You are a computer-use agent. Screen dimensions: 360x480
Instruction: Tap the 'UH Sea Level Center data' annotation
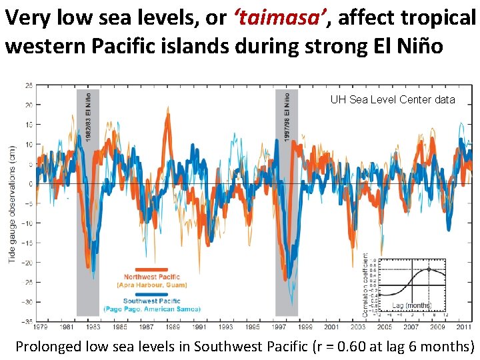(393, 99)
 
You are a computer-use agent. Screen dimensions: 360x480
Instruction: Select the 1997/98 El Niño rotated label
(287, 117)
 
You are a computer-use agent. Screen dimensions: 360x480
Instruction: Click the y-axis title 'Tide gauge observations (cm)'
(12, 203)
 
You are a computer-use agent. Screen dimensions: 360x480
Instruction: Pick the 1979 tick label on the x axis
(41, 327)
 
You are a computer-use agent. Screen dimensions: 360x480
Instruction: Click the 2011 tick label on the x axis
(463, 327)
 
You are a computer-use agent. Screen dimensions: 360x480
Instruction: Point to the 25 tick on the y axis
(29, 85)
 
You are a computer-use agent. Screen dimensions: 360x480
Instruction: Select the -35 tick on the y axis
(28, 321)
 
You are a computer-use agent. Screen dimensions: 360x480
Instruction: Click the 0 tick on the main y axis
(31, 184)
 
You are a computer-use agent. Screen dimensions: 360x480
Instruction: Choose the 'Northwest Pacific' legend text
(151, 277)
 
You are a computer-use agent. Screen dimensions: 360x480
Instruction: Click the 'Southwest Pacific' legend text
(151, 301)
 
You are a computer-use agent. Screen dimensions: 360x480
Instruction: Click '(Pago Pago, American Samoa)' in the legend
(151, 309)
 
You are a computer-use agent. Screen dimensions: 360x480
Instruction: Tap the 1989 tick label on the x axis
(173, 327)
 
